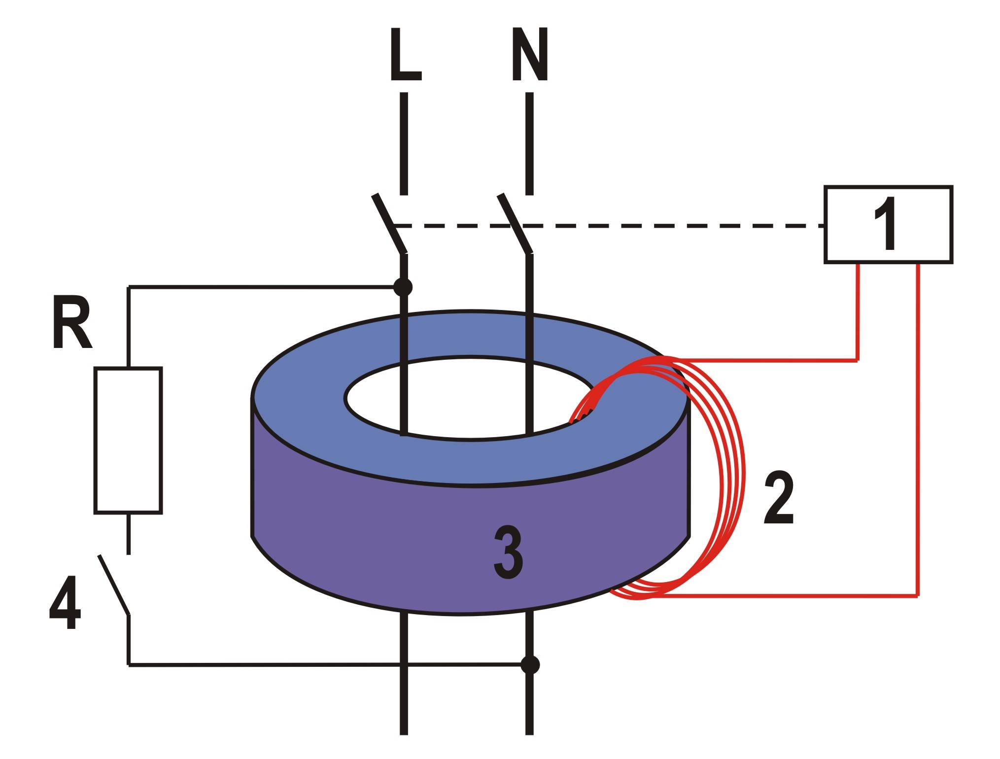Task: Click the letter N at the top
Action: (530, 56)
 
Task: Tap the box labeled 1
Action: (888, 224)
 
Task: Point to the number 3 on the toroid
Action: (508, 553)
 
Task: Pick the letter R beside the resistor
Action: (71, 325)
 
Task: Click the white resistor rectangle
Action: (128, 441)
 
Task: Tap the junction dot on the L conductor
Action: (403, 287)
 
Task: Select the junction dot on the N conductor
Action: (530, 665)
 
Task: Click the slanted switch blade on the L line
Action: (389, 223)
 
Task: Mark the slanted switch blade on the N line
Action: (515, 223)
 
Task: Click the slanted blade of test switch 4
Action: (114, 585)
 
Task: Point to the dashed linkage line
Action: (641, 226)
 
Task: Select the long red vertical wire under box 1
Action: (917, 429)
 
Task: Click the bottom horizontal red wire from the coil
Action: (789, 596)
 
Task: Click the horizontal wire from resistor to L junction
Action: (261, 286)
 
